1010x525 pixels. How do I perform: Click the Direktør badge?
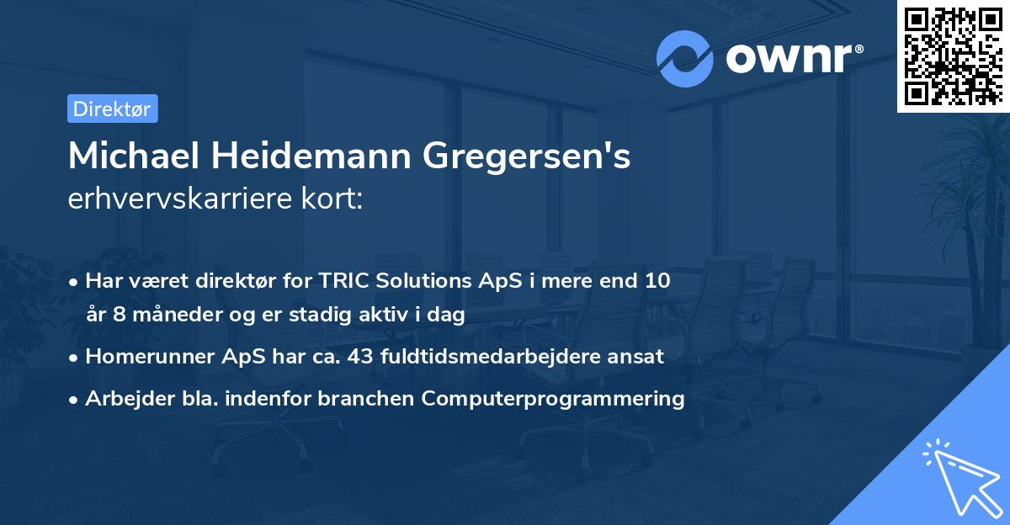tap(112, 109)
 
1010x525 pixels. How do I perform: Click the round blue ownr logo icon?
tap(684, 59)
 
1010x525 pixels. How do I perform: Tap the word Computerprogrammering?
tap(553, 398)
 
